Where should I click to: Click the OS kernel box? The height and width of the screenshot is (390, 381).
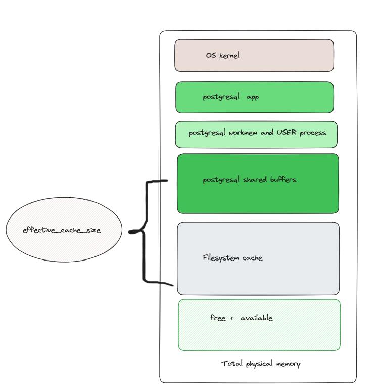pyautogui.click(x=254, y=56)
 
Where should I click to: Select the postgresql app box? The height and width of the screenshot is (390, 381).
pyautogui.click(x=255, y=97)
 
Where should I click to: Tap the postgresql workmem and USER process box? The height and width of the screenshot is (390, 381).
pyautogui.click(x=256, y=135)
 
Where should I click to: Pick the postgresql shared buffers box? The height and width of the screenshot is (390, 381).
pyautogui.click(x=258, y=184)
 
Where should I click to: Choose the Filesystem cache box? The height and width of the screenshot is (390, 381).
pyautogui.click(x=258, y=258)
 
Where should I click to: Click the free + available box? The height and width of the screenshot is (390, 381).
pyautogui.click(x=259, y=325)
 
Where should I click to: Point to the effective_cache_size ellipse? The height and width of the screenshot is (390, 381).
pyautogui.click(x=64, y=230)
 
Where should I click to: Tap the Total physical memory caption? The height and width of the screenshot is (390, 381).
pyautogui.click(x=261, y=364)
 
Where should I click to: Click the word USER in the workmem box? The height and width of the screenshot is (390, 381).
pyautogui.click(x=287, y=132)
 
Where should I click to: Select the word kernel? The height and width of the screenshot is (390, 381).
pyautogui.click(x=229, y=55)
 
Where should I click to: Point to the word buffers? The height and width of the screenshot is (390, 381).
pyautogui.click(x=283, y=179)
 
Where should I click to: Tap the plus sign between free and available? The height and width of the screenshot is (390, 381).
pyautogui.click(x=231, y=318)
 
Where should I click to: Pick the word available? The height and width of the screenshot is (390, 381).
pyautogui.click(x=257, y=318)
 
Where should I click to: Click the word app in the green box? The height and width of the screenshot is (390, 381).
pyautogui.click(x=253, y=97)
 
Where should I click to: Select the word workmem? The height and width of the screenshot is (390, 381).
pyautogui.click(x=243, y=133)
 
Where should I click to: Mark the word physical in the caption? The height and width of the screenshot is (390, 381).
pyautogui.click(x=259, y=364)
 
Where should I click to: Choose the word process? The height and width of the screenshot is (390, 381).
pyautogui.click(x=313, y=133)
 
